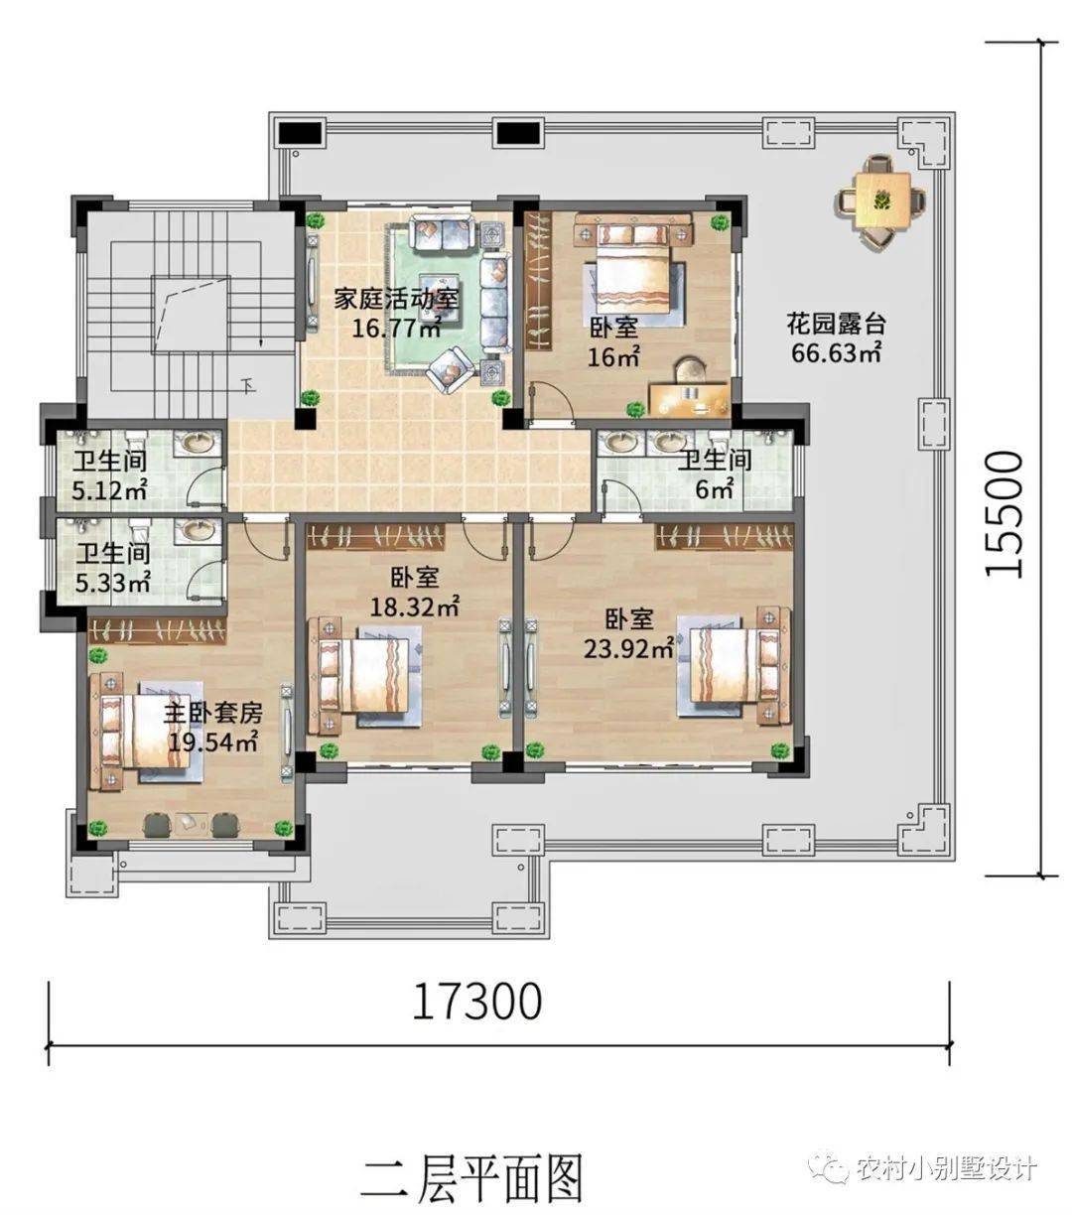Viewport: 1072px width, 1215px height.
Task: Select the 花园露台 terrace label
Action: [x=836, y=324]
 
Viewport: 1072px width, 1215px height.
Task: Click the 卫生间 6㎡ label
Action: [x=715, y=461]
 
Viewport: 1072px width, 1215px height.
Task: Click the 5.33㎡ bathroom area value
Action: [x=114, y=582]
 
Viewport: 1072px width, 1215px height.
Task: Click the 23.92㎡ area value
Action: [x=627, y=649]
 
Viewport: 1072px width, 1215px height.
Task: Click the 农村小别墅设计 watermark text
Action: [x=945, y=1168]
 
